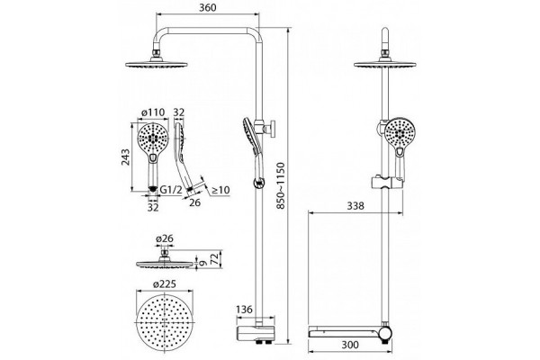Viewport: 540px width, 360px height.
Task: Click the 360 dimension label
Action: click(x=208, y=7)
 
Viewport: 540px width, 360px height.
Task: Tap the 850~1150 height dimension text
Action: click(x=281, y=186)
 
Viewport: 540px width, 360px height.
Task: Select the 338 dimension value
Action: click(x=355, y=206)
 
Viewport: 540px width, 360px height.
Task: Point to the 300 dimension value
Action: click(x=350, y=345)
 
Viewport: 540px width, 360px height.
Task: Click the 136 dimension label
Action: click(x=244, y=310)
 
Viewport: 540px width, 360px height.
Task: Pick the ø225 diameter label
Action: click(x=166, y=284)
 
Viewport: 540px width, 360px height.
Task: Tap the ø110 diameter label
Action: click(x=153, y=112)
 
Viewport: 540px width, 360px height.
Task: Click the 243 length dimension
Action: click(x=126, y=157)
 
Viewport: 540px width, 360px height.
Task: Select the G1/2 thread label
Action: click(x=171, y=189)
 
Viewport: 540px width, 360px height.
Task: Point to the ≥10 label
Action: click(x=220, y=190)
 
